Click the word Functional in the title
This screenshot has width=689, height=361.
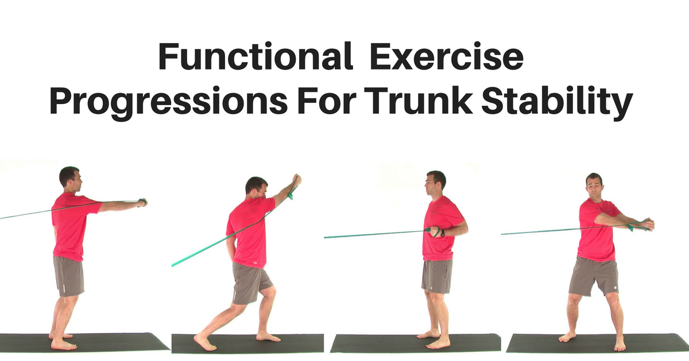256,57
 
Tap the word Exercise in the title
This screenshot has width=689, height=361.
447,57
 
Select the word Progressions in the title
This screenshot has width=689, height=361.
169,102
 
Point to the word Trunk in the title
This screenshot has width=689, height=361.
420,101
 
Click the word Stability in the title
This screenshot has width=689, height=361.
557,102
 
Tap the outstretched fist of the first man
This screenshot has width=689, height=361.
142,202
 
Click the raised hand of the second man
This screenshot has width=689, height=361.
296,179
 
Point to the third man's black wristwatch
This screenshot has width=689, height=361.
442,233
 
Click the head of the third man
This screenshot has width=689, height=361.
435,184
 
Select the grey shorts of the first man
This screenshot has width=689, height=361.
68,276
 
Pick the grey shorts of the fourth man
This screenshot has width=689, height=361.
593,276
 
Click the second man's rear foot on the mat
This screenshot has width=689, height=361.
206,343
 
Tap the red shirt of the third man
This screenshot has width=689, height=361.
440,232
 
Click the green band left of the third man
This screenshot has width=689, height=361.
376,234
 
